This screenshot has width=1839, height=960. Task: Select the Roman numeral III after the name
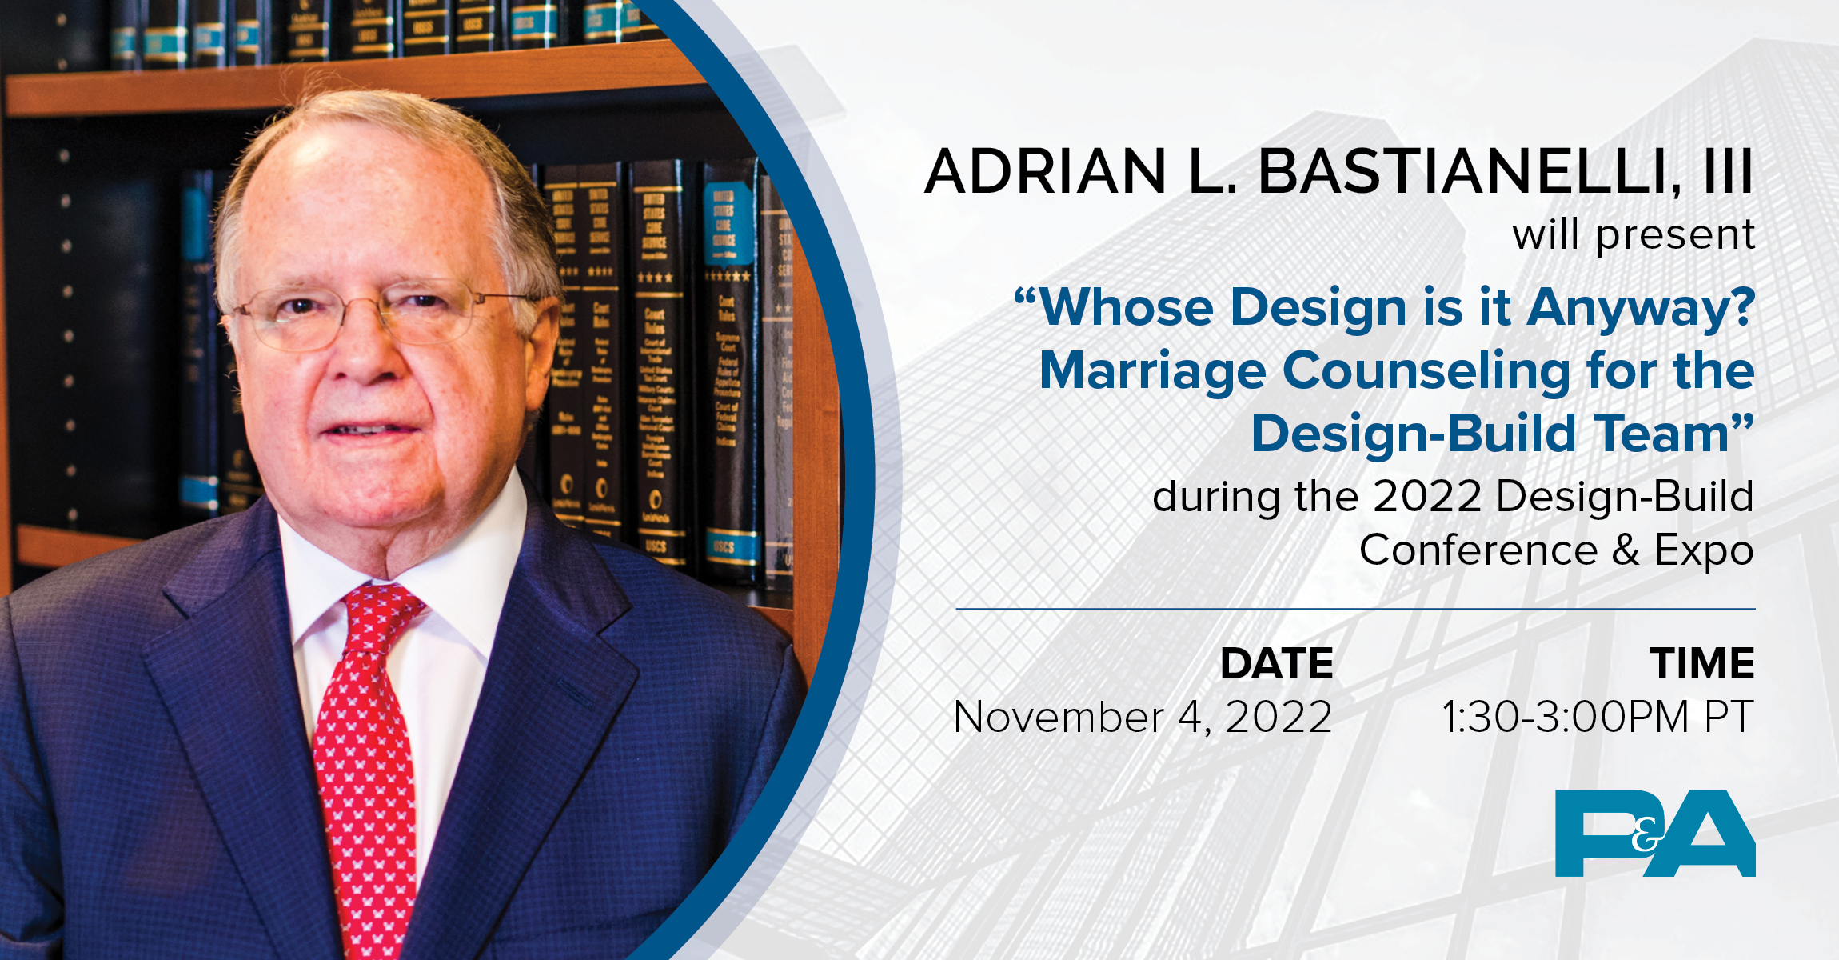click(x=1727, y=171)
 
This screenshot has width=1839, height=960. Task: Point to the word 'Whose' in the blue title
click(x=1127, y=308)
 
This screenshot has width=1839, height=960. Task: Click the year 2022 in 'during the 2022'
click(x=1427, y=497)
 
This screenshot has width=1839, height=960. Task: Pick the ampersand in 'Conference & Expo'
click(x=1626, y=550)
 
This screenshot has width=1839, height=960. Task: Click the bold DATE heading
click(x=1276, y=664)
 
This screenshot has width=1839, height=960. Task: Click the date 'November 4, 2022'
click(x=1143, y=717)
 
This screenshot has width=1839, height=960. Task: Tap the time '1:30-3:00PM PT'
click(x=1598, y=717)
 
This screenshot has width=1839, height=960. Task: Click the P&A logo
click(x=1654, y=833)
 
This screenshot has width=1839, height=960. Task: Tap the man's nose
click(x=364, y=360)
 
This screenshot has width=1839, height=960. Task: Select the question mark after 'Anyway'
click(x=1740, y=308)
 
